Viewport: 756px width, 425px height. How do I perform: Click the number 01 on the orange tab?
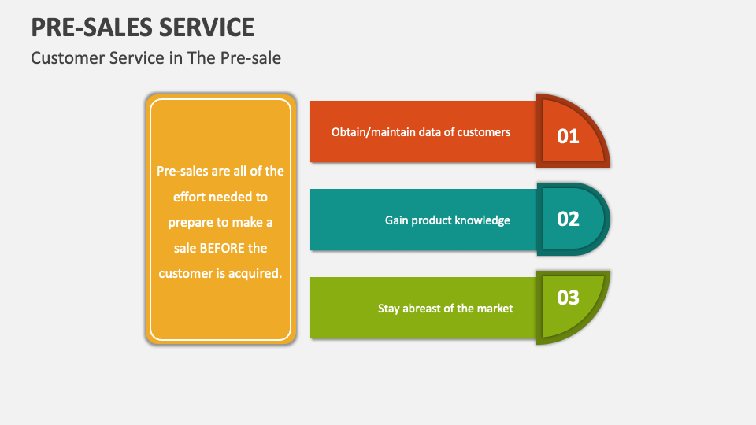click(x=568, y=136)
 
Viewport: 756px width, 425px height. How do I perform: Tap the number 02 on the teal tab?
click(x=568, y=219)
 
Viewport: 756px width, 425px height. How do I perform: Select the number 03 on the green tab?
click(x=568, y=297)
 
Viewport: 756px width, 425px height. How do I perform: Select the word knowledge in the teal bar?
click(x=483, y=220)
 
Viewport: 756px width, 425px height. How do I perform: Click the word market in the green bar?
click(x=495, y=309)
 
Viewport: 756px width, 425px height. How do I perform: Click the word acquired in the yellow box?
click(x=254, y=273)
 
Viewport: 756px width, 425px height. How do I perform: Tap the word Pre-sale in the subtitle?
click(x=254, y=57)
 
